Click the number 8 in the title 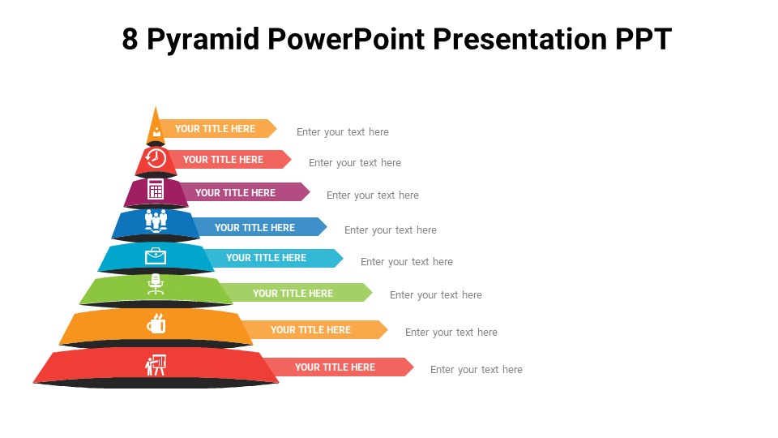tap(130, 39)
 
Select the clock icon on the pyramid tap(156, 158)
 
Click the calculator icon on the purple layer tap(156, 190)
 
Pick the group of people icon tap(156, 220)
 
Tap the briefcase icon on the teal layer tap(156, 256)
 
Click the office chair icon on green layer tap(156, 285)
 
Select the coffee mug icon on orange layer tap(156, 324)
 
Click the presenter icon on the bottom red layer tap(156, 364)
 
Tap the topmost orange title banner tap(216, 129)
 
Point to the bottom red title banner tap(336, 367)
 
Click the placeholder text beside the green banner tap(435, 295)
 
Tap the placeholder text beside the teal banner tap(406, 262)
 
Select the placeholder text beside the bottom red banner tap(476, 370)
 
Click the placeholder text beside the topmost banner tap(342, 132)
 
